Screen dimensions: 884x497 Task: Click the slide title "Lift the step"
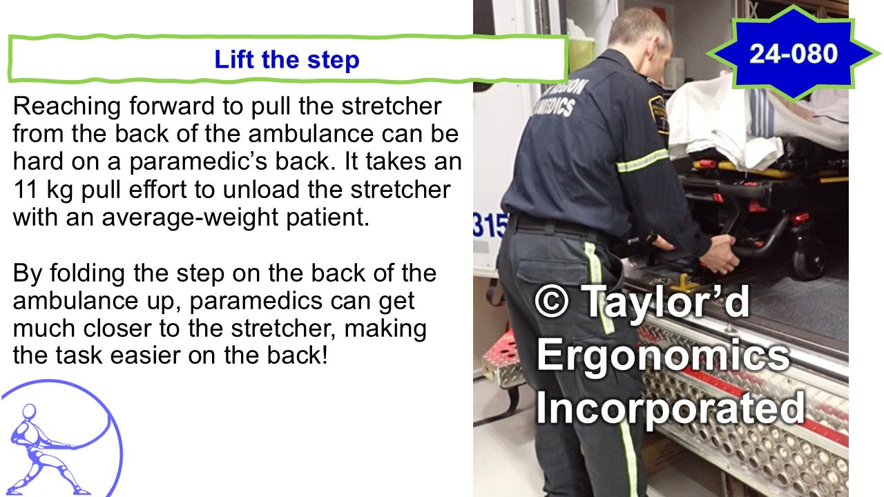(x=287, y=59)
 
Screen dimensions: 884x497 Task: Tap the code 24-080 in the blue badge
(x=794, y=54)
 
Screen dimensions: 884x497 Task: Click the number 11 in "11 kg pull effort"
(x=26, y=189)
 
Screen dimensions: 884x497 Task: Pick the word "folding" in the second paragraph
(x=87, y=273)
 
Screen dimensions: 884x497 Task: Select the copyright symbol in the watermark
(x=552, y=301)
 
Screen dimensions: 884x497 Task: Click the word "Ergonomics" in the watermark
(x=663, y=355)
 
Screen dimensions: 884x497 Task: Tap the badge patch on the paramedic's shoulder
(x=657, y=114)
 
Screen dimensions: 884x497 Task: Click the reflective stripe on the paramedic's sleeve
(x=642, y=161)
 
